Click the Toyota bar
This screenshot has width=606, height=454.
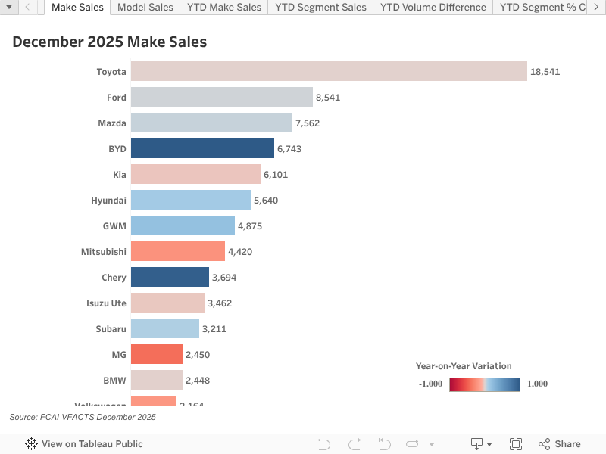[x=329, y=71]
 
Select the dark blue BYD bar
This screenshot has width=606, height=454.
[x=202, y=148]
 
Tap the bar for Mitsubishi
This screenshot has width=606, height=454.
[x=178, y=251]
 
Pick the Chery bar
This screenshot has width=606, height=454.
[x=170, y=277]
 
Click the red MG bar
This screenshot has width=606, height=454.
[x=157, y=354]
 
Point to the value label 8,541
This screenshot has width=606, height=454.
[x=328, y=98]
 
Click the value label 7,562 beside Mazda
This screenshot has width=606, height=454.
[x=308, y=123]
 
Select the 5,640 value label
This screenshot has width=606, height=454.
[x=266, y=201]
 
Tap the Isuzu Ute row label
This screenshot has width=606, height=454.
[x=106, y=303]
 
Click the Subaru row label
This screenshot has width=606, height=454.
[x=111, y=329]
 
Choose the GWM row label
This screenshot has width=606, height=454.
[x=114, y=226]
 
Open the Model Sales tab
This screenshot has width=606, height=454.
[x=145, y=8]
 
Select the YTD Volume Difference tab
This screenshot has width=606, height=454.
[x=433, y=8]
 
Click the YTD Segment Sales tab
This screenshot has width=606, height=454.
[x=320, y=8]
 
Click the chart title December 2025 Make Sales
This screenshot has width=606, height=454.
[x=109, y=42]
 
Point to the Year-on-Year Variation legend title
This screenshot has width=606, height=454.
[x=464, y=366]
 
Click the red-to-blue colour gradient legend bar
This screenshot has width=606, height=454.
[x=484, y=384]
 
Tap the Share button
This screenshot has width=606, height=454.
[x=560, y=444]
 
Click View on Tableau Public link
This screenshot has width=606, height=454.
[x=84, y=444]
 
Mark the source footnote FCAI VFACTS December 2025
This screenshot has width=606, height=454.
[x=83, y=417]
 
